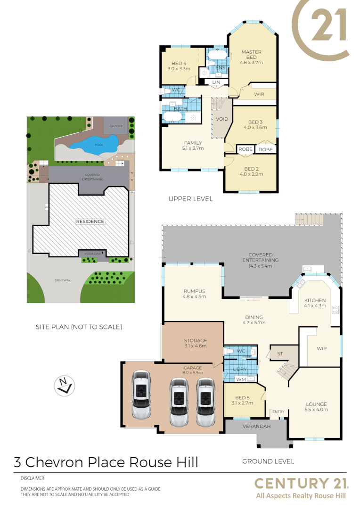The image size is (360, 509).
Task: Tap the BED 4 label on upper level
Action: (179, 64)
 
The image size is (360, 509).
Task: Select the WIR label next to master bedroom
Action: (259, 94)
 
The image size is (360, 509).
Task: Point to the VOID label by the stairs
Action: (222, 119)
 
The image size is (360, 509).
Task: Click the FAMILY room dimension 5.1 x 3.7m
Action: (193, 148)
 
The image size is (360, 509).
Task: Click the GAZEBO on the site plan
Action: (116, 126)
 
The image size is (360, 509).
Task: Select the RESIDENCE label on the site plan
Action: (90, 221)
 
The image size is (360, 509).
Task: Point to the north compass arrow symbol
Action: (64, 385)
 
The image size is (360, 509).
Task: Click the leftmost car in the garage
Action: (141, 395)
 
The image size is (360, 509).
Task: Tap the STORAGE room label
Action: (195, 340)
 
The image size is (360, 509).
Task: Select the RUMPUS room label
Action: (194, 291)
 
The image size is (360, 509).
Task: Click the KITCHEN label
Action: (315, 300)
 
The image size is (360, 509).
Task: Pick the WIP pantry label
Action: (322, 349)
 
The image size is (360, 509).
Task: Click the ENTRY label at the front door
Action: (278, 412)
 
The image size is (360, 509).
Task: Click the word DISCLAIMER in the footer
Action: (33, 478)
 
